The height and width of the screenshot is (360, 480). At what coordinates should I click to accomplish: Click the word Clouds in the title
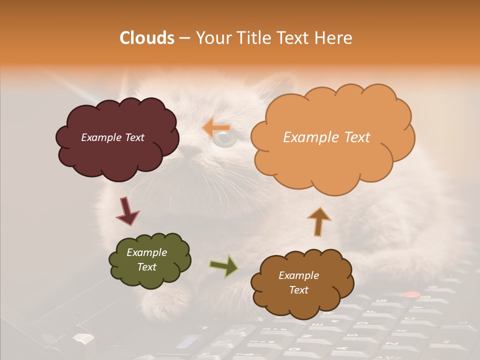pos(146,38)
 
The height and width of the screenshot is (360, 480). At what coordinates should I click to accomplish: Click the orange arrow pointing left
pos(216,127)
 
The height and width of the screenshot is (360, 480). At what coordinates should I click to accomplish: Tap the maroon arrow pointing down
pos(127,211)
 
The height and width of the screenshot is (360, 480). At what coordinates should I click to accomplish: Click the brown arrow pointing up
pos(318,221)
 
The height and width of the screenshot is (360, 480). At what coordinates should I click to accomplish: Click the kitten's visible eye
pos(223,139)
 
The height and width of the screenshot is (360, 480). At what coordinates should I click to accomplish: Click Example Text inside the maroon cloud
pos(112,137)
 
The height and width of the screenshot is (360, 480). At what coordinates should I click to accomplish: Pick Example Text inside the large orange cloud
pos(326,137)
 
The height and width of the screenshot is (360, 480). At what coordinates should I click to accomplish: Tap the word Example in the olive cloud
pos(146,252)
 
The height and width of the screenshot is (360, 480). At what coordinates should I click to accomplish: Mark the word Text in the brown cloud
pos(299,290)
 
